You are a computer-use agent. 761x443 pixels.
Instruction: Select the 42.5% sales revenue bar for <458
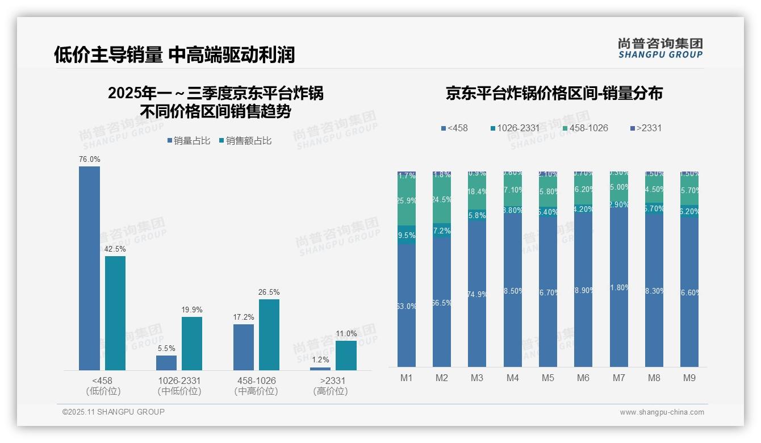pyautogui.click(x=115, y=313)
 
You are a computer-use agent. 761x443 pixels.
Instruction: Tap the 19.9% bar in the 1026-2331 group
pyautogui.click(x=192, y=344)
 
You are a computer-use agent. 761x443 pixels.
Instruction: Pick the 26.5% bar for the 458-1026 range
pyautogui.click(x=269, y=335)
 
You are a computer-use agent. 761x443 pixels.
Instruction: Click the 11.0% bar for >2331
pyautogui.click(x=346, y=356)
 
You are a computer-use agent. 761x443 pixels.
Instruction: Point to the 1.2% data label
pyautogui.click(x=320, y=360)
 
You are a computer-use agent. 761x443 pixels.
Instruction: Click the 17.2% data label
pyautogui.click(x=244, y=316)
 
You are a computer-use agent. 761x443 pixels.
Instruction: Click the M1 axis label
pyautogui.click(x=407, y=378)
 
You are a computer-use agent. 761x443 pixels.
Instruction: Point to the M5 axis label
pyautogui.click(x=547, y=378)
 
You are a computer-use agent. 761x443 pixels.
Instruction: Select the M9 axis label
pyautogui.click(x=689, y=378)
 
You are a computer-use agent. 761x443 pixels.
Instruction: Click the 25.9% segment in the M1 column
pyautogui.click(x=407, y=201)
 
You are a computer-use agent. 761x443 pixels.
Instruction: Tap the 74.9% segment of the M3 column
pyautogui.click(x=477, y=294)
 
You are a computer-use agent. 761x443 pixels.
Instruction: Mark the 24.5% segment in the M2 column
pyautogui.click(x=442, y=200)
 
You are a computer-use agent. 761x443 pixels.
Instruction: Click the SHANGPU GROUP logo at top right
pyautogui.click(x=660, y=48)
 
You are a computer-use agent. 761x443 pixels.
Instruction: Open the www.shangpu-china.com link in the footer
pyautogui.click(x=662, y=412)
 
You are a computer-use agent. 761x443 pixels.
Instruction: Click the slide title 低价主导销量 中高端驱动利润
pyautogui.click(x=174, y=55)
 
